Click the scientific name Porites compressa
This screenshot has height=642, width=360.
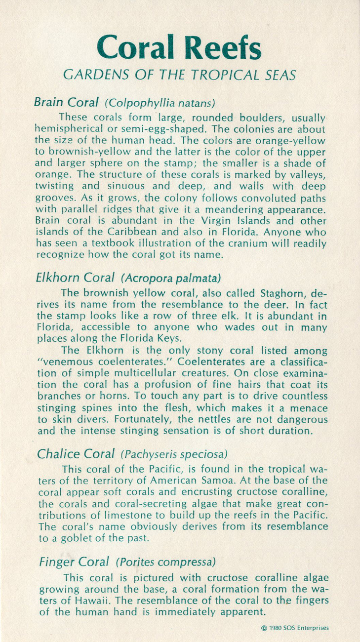[x=165, y=562]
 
